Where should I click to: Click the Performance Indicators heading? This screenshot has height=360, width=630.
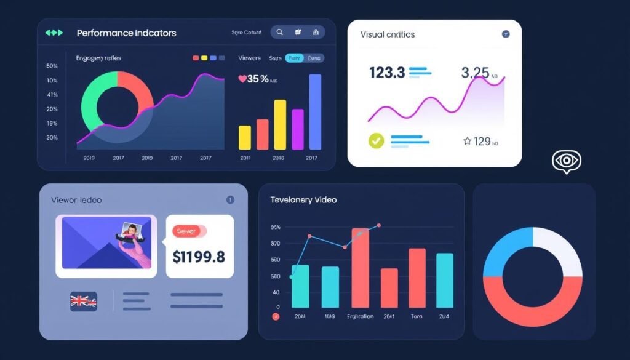tap(126, 33)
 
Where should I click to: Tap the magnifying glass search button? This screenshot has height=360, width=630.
tap(279, 32)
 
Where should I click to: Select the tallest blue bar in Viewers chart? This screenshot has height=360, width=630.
tap(315, 112)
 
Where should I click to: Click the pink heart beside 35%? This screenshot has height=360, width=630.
tap(242, 79)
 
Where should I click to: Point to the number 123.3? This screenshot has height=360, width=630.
tap(386, 73)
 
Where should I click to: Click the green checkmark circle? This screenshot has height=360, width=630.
tap(375, 141)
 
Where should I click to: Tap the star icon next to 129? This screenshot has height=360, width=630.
tap(467, 142)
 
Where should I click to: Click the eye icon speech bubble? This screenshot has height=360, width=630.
tap(566, 161)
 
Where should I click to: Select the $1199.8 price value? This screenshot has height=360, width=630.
tap(199, 257)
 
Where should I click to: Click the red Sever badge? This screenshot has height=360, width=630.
tap(188, 231)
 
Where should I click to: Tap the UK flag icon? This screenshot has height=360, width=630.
tap(82, 301)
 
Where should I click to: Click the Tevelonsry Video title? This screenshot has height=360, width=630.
tap(303, 200)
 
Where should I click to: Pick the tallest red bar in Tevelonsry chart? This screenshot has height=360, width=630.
tap(361, 268)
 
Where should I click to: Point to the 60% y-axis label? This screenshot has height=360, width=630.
tap(52, 66)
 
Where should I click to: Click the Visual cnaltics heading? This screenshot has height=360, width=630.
tap(388, 34)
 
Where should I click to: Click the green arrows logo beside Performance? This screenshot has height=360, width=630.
tap(54, 33)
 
